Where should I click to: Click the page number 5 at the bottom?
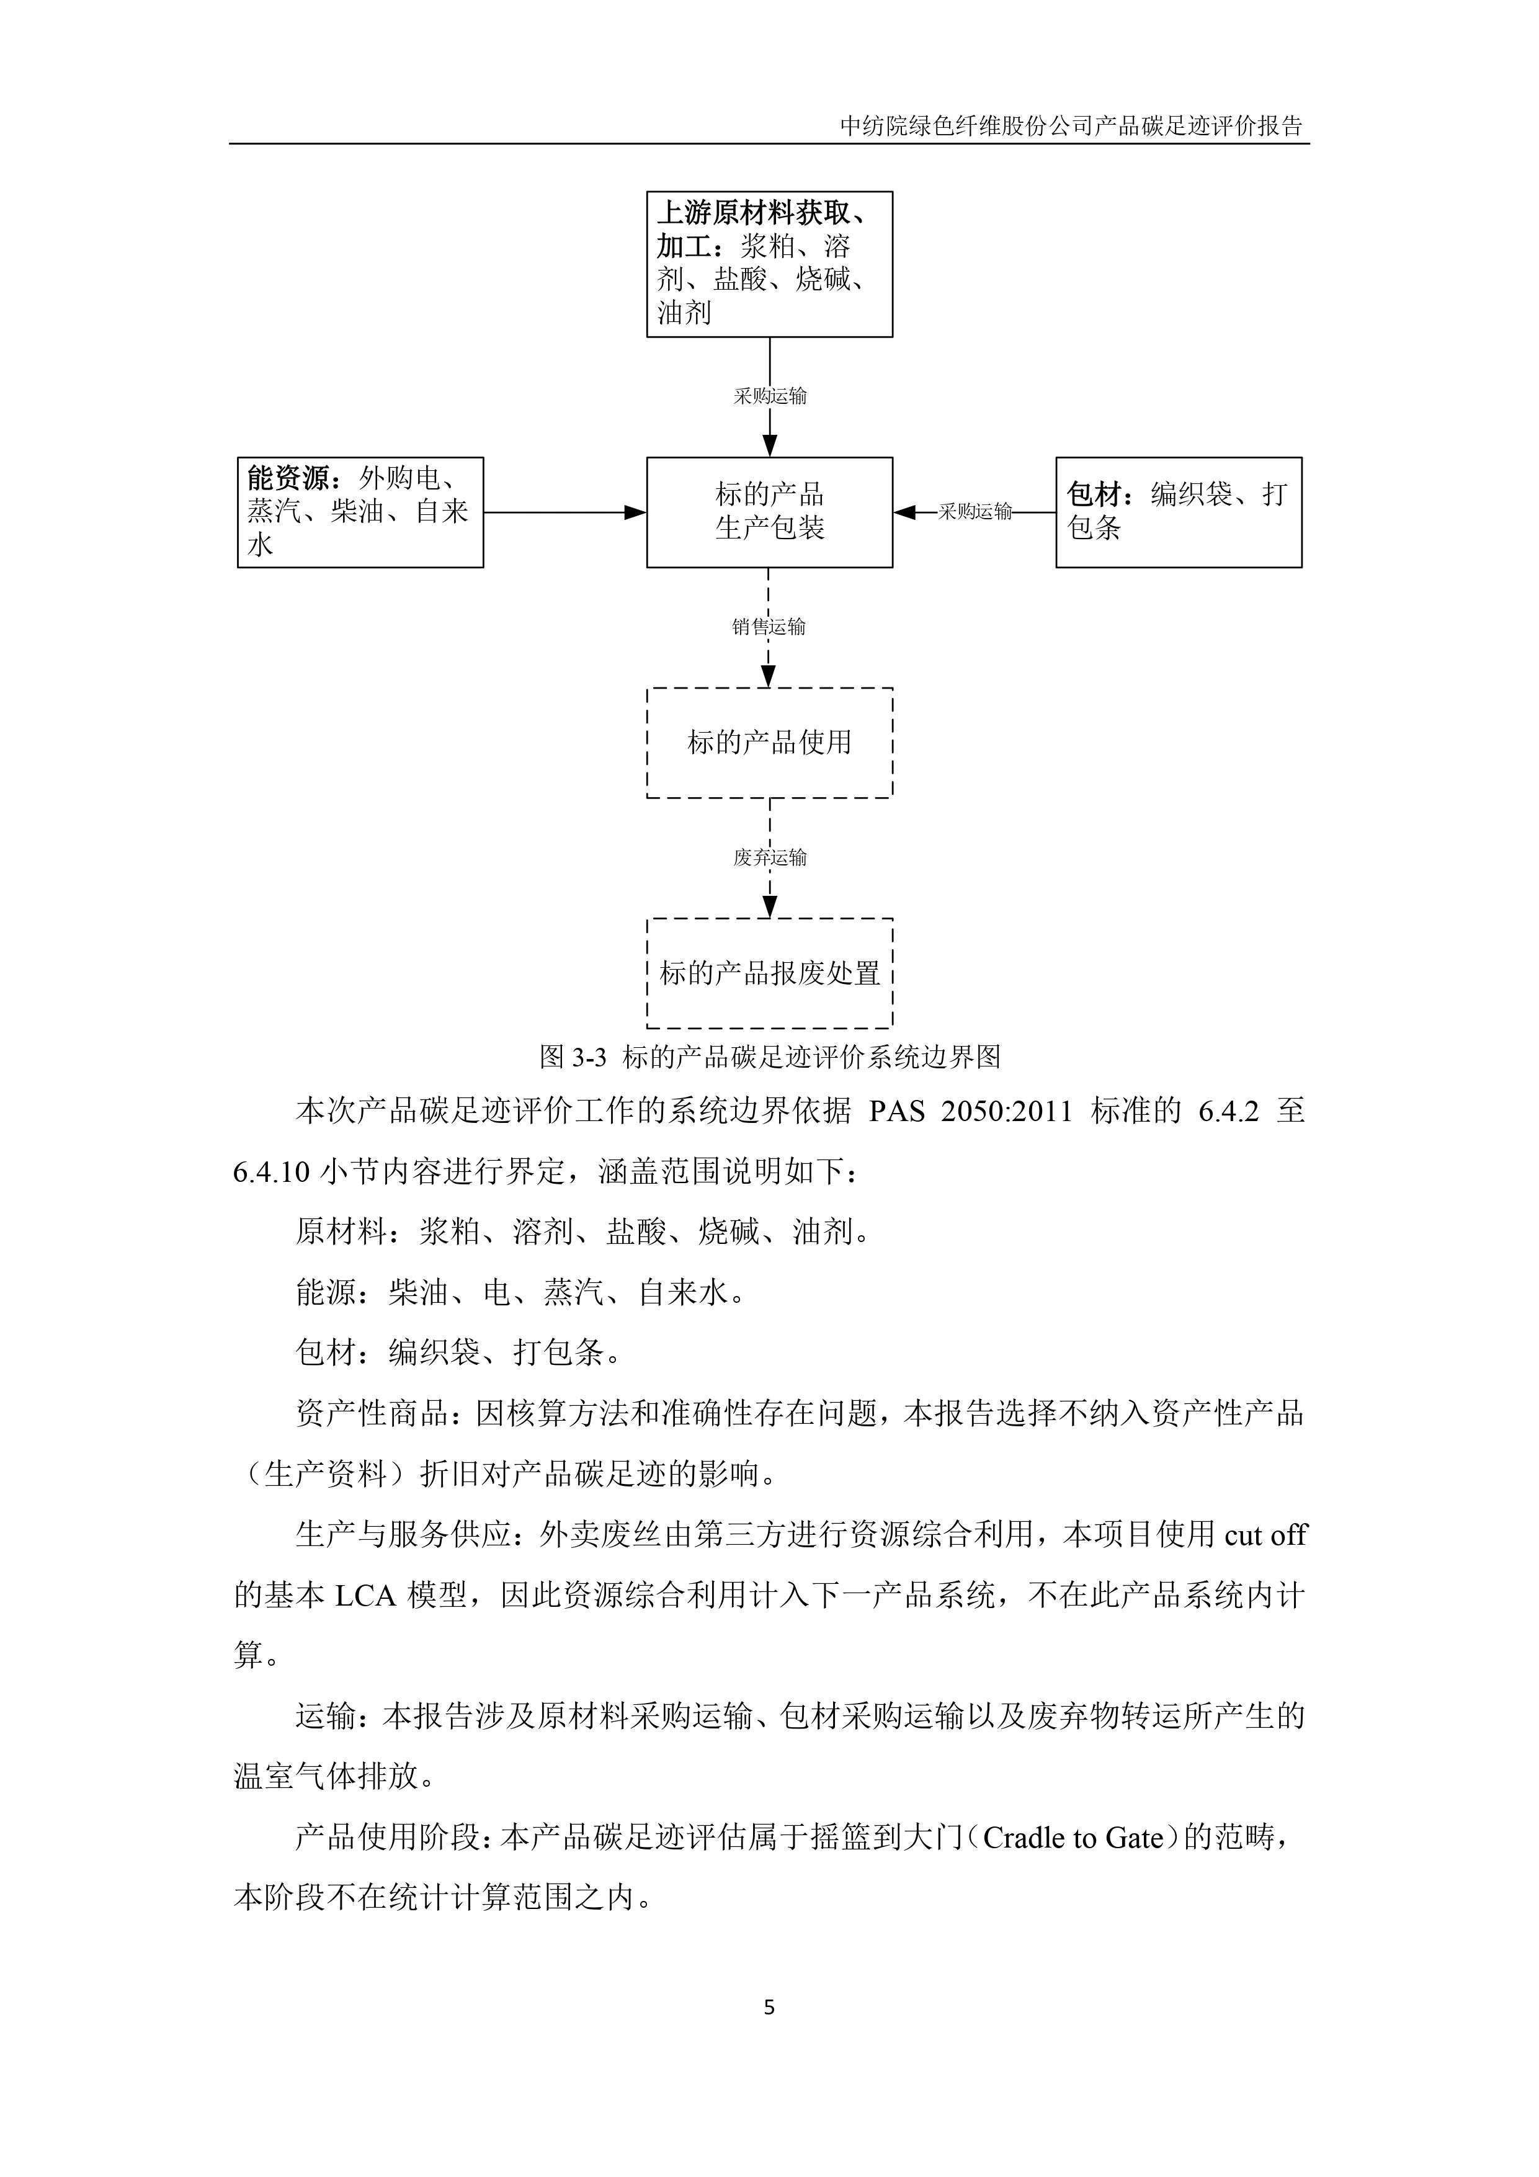769,2007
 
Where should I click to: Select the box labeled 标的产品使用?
769,743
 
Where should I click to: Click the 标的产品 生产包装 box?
769,512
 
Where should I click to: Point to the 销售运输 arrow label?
769,627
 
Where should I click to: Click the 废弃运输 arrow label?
769,858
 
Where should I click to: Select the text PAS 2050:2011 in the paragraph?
970,1111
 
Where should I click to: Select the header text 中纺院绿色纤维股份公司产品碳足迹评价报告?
1071,126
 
